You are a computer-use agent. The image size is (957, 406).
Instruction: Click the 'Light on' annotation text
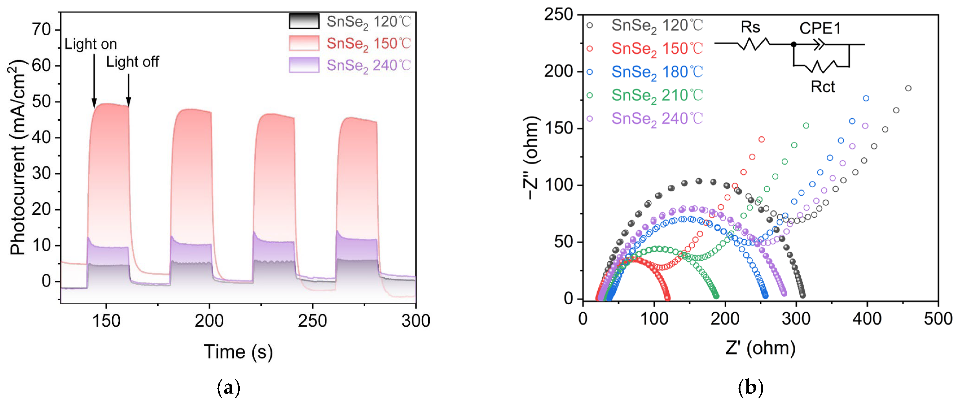coord(90,44)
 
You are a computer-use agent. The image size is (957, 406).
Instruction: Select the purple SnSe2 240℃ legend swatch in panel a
coord(304,65)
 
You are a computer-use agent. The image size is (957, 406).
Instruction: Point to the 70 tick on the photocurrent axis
coord(41,30)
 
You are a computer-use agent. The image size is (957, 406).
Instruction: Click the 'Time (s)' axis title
coord(238,351)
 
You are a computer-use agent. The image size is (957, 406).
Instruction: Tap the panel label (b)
coord(750,388)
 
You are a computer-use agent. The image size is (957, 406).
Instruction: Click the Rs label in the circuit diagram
coord(750,27)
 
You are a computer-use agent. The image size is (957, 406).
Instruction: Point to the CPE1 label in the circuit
coord(820,28)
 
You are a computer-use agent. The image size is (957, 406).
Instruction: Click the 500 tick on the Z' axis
coord(938,319)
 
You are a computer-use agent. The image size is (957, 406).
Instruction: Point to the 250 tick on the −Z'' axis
coord(558,15)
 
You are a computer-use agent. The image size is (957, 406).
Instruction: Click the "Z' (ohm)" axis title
coord(760,348)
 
